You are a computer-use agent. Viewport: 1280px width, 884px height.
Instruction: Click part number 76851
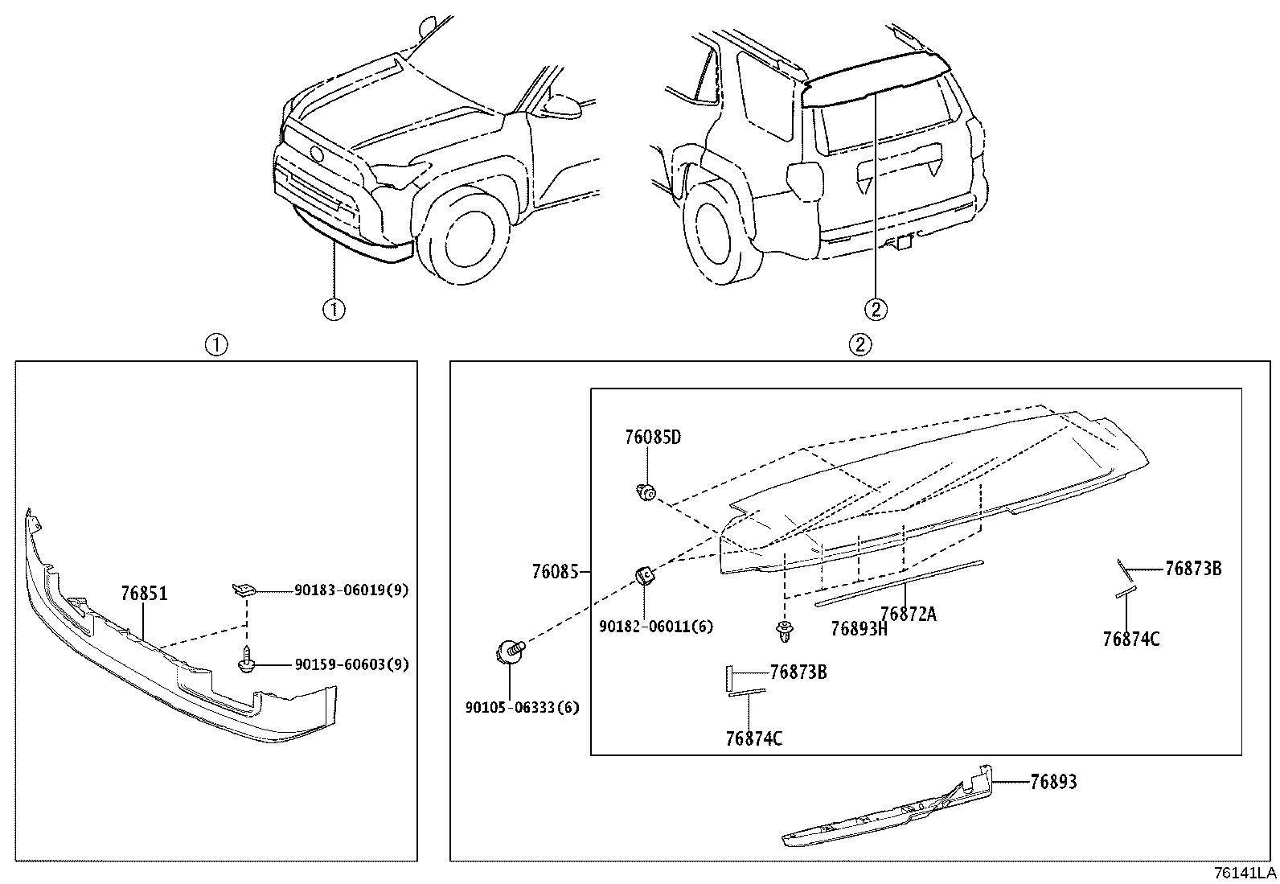144,594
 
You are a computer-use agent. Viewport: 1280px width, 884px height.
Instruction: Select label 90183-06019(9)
351,590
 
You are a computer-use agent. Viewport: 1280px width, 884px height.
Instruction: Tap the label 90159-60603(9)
351,664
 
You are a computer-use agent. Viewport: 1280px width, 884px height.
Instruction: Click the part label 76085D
652,438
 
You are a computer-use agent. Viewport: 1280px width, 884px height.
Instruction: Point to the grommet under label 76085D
646,491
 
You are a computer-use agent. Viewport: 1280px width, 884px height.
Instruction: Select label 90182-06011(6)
655,627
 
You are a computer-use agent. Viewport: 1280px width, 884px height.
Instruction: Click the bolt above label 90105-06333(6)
509,651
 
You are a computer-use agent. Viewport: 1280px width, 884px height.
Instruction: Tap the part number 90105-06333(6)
522,708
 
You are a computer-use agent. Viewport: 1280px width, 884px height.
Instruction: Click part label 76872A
908,615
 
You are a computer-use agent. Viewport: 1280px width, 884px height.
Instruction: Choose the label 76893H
858,629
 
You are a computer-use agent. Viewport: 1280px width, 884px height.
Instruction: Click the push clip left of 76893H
784,631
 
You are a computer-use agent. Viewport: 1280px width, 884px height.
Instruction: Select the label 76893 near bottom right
1053,782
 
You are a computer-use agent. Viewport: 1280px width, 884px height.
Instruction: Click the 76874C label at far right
1130,639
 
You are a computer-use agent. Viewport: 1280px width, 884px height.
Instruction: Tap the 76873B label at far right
1193,569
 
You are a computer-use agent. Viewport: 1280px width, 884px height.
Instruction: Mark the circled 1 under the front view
334,309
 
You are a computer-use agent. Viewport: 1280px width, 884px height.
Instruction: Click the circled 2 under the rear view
876,308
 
